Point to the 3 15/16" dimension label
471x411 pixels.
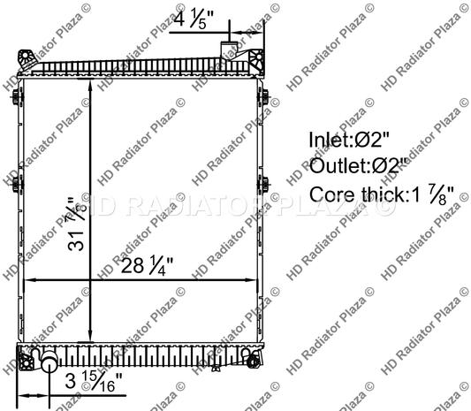pos(95,382)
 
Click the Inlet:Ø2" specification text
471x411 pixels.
pos(349,140)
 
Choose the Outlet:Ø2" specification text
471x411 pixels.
pos(358,166)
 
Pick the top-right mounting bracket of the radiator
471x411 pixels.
pos(254,60)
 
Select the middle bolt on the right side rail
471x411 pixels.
pos(264,184)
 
